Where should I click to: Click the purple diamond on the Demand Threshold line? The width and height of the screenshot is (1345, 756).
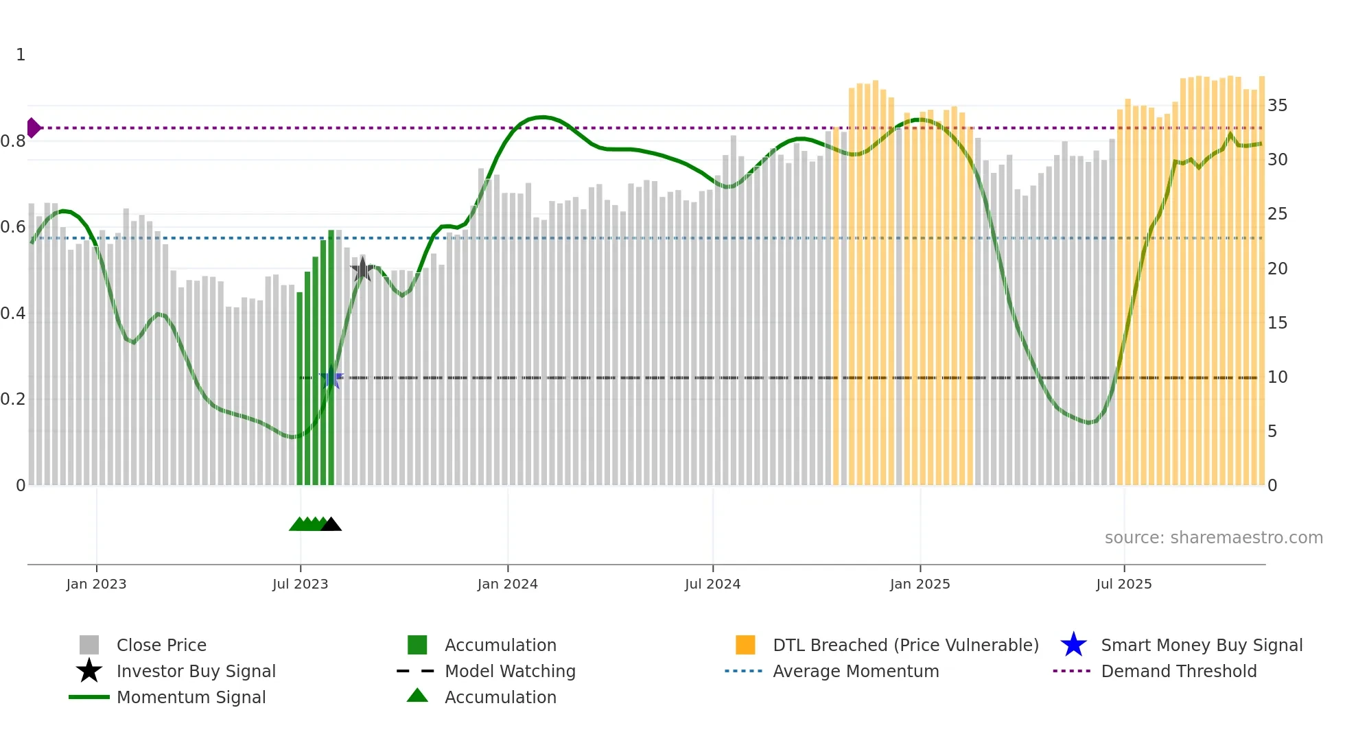(33, 128)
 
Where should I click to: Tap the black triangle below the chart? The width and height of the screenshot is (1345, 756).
(331, 525)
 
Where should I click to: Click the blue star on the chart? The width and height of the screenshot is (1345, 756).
(331, 377)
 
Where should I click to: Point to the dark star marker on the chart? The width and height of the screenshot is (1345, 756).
(362, 270)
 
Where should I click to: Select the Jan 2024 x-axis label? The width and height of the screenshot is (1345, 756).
(507, 584)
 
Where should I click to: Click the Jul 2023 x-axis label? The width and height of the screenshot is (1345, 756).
(300, 584)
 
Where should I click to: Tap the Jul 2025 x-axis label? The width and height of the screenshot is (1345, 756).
(1123, 584)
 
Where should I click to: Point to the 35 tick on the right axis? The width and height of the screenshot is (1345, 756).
(1277, 106)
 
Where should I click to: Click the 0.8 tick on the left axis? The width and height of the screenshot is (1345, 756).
(13, 141)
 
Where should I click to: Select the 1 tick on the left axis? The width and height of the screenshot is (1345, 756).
(21, 55)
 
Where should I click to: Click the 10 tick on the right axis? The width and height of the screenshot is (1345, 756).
(1277, 377)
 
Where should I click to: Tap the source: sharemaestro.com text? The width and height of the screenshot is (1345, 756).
(1213, 538)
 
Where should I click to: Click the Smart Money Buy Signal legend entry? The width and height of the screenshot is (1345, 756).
(1201, 645)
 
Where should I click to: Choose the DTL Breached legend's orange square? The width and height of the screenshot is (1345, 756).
(745, 645)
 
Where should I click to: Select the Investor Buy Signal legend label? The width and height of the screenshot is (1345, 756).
(196, 671)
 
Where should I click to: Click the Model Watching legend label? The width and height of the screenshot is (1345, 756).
(510, 671)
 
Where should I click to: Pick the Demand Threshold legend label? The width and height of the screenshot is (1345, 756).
(1178, 671)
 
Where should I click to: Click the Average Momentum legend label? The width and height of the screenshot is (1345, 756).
(856, 671)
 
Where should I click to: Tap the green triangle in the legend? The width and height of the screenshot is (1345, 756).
(417, 696)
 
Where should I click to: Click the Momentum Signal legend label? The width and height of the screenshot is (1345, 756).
(191, 697)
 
